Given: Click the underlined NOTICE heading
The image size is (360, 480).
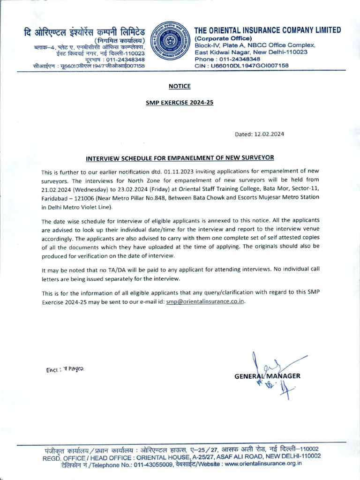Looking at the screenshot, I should [x=180, y=86].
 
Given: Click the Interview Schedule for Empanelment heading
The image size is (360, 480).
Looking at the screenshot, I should [x=180, y=158].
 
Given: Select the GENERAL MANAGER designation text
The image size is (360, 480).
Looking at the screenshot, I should [x=268, y=376].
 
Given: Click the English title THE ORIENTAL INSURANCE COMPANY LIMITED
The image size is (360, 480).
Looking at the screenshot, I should [x=268, y=30].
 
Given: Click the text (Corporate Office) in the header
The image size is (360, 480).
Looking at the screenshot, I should [x=224, y=38].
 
